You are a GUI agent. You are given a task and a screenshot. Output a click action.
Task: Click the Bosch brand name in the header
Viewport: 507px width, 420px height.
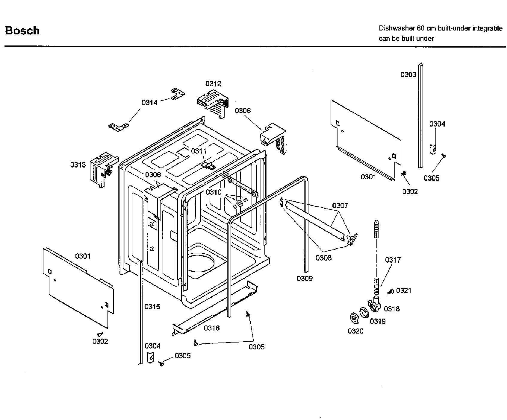(22, 31)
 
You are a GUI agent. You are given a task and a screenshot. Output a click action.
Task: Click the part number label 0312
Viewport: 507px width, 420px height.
(213, 83)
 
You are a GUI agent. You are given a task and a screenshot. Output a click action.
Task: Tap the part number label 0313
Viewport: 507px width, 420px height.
(78, 165)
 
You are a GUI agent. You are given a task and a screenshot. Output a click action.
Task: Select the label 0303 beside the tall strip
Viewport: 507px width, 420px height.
(408, 74)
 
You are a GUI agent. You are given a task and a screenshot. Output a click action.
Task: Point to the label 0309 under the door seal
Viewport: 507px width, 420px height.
(305, 279)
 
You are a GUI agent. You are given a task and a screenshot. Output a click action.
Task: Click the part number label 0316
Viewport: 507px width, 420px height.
(212, 328)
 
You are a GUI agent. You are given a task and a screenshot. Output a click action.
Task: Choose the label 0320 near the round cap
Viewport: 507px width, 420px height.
(355, 331)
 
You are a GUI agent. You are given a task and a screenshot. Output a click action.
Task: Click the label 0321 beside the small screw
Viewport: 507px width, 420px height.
(404, 290)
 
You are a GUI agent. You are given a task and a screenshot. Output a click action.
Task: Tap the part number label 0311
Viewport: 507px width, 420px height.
(199, 151)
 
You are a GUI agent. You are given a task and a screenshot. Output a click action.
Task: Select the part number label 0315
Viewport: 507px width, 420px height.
(152, 306)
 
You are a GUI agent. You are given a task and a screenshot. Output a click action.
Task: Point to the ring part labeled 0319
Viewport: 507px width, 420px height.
(364, 313)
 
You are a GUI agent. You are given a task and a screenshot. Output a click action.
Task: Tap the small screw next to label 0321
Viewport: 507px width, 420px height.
(390, 292)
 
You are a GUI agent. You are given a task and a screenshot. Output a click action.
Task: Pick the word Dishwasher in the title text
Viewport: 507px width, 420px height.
(397, 28)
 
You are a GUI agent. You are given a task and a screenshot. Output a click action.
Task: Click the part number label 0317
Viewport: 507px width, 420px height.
(393, 260)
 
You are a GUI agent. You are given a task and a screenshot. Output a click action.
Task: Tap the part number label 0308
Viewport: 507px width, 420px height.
(323, 258)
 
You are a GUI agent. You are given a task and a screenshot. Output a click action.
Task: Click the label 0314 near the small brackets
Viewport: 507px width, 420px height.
(149, 103)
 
